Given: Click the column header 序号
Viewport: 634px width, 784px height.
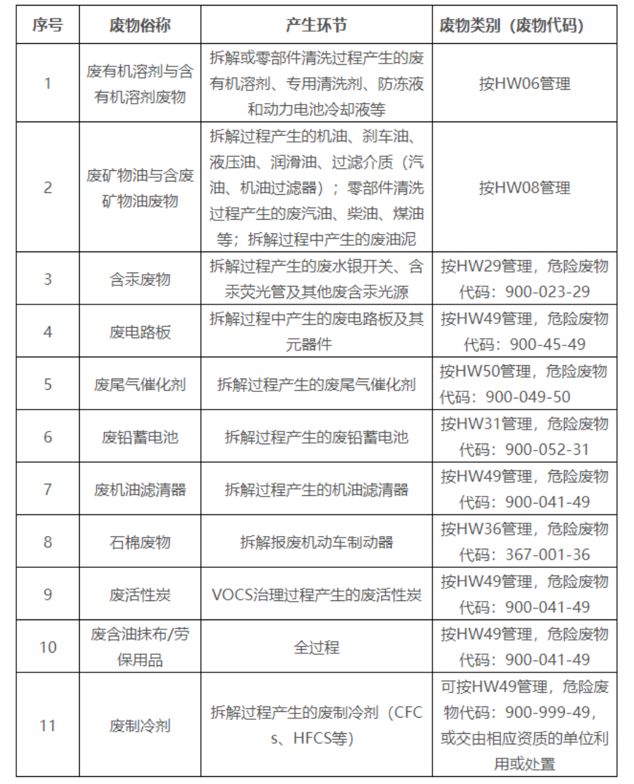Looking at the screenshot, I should tap(47, 25).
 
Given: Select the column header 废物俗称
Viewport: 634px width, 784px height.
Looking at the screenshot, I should tap(140, 25).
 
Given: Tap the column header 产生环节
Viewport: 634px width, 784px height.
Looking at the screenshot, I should tap(316, 25).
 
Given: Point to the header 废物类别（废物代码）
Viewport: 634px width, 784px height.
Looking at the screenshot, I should tap(524, 25).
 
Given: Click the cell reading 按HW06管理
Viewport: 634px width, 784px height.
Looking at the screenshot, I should tap(524, 83).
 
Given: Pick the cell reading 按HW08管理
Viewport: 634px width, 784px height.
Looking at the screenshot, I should tap(524, 188).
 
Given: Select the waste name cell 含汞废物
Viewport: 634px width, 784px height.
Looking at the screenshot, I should tap(140, 279).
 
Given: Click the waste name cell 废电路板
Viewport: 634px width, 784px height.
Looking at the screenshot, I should tap(140, 331).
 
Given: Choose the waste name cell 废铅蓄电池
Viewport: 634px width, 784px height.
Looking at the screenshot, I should tap(140, 436).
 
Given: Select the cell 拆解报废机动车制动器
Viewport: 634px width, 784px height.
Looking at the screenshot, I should tap(316, 542).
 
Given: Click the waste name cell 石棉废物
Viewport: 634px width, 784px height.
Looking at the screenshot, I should tap(140, 542).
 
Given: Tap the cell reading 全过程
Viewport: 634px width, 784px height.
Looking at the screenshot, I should tap(316, 647).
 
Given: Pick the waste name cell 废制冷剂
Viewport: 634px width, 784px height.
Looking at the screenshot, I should tap(140, 725).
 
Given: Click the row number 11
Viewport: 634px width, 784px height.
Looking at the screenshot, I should tap(47, 725).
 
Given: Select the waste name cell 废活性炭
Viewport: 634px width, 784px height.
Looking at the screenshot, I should tap(140, 595).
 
